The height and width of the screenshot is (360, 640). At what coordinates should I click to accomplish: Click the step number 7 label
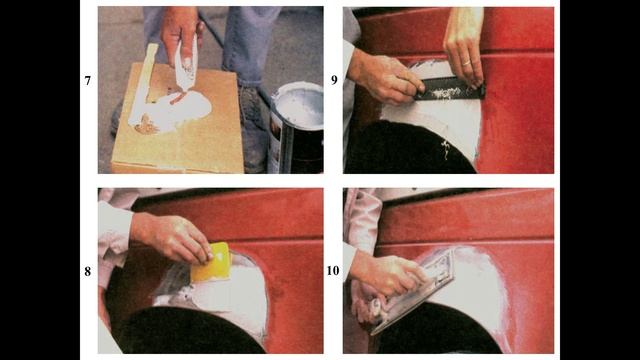coord(87,81)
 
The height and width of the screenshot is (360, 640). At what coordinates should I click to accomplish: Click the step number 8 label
coord(87,271)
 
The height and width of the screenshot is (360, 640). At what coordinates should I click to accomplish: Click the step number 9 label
coord(334,80)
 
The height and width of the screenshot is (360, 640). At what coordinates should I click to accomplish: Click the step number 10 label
coord(333,271)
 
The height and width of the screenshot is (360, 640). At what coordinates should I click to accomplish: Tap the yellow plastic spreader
coord(211,263)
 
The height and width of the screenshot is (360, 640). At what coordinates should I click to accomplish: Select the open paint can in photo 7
coord(296,127)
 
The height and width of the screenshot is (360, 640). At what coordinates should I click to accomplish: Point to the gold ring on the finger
coord(466,63)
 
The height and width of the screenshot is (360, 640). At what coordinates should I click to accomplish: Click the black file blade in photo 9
coord(449,89)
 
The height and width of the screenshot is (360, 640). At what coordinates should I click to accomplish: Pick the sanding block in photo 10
coord(412,291)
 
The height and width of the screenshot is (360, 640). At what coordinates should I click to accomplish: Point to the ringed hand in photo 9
coord(464,47)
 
